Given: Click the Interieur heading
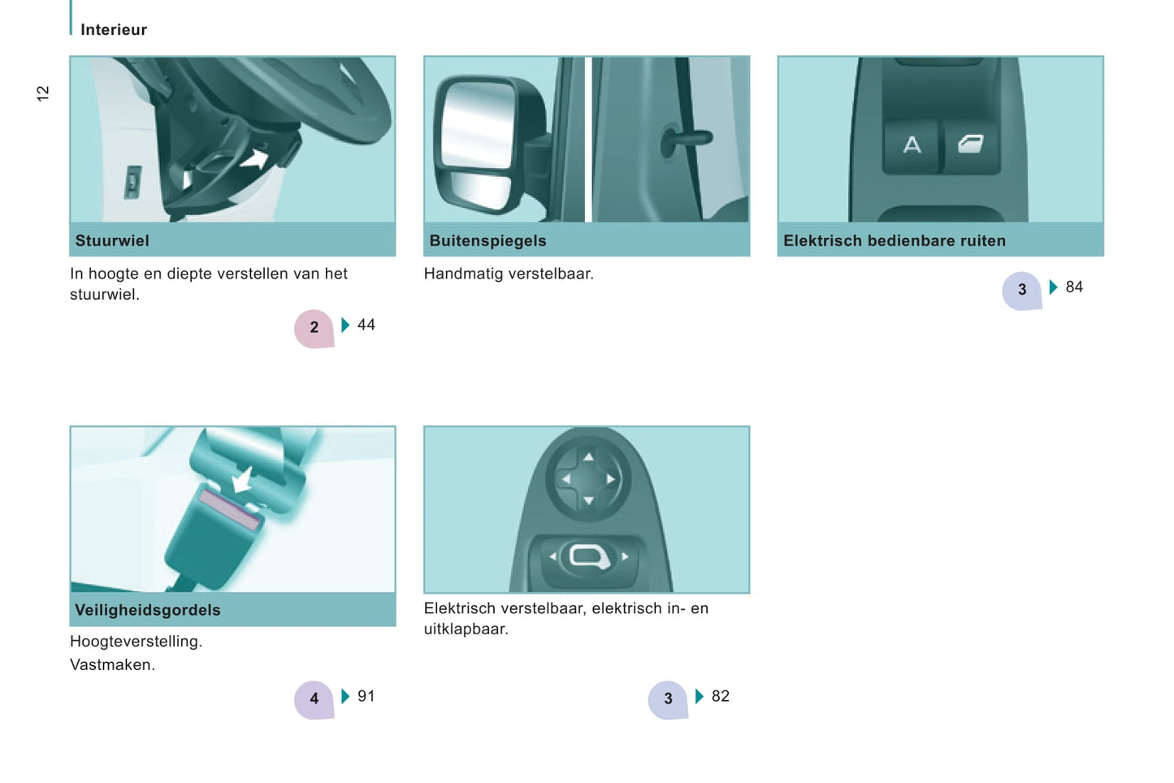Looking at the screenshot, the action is [x=114, y=30].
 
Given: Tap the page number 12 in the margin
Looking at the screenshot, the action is [x=42, y=93].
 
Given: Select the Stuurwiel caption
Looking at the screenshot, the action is [x=112, y=240].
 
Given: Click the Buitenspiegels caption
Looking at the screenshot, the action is [x=487, y=240].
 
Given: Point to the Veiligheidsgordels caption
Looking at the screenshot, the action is [x=148, y=610].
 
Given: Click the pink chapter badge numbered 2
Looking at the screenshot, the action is [x=314, y=328].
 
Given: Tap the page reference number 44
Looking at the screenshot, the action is [x=366, y=325].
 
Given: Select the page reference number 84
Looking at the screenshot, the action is [x=1074, y=288].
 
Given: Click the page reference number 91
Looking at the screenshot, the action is [x=366, y=696].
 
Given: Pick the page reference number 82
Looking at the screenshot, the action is [x=721, y=696].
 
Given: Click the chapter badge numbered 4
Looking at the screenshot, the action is [x=314, y=699].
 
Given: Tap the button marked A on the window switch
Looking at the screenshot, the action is [x=912, y=145].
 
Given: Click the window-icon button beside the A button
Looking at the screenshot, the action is [x=971, y=145].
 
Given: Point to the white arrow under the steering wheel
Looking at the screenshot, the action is [x=255, y=159].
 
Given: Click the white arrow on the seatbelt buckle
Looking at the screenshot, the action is [x=243, y=479].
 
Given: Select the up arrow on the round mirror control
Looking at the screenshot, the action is [x=588, y=457].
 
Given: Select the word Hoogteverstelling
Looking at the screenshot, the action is [x=136, y=642].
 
